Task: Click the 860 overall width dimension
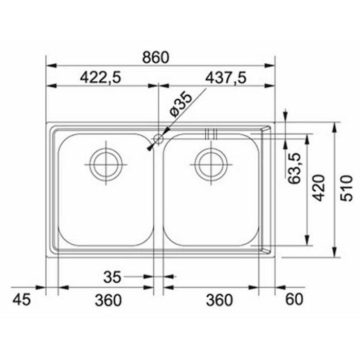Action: click(156, 58)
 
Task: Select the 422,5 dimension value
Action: click(100, 77)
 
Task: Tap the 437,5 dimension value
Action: click(226, 77)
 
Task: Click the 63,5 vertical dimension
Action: click(294, 168)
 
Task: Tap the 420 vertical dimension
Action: click(319, 188)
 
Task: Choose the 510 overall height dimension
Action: click(347, 188)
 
